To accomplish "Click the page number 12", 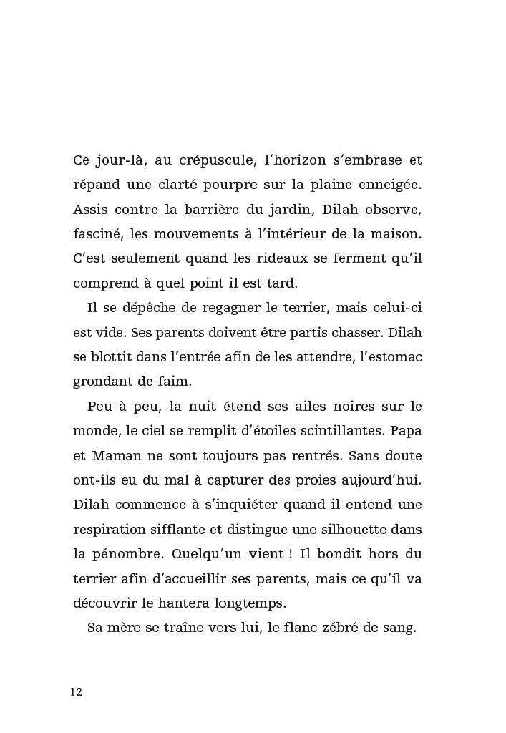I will click(x=77, y=692).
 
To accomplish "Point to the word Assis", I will click(x=89, y=209).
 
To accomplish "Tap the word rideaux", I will click(x=278, y=258).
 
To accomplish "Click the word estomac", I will click(x=393, y=356).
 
